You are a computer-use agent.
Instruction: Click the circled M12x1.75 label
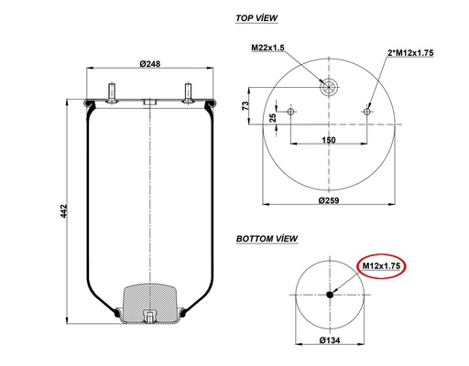click(381, 266)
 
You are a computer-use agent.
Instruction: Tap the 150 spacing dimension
click(328, 140)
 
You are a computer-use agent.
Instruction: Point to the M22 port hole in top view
click(329, 87)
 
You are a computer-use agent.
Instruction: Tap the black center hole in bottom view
click(329, 295)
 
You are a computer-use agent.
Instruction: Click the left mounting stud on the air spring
click(111, 92)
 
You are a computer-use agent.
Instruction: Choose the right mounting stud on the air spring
click(188, 92)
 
